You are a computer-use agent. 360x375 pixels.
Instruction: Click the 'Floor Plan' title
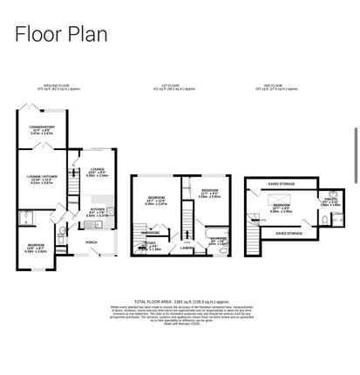(61, 34)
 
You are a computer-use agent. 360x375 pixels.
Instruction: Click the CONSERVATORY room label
(42, 128)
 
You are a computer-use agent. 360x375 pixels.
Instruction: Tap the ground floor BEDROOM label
(37, 247)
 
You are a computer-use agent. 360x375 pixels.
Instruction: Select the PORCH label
(91, 242)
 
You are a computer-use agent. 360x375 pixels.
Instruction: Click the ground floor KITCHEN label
(98, 210)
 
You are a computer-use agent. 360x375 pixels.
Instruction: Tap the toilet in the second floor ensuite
(324, 222)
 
